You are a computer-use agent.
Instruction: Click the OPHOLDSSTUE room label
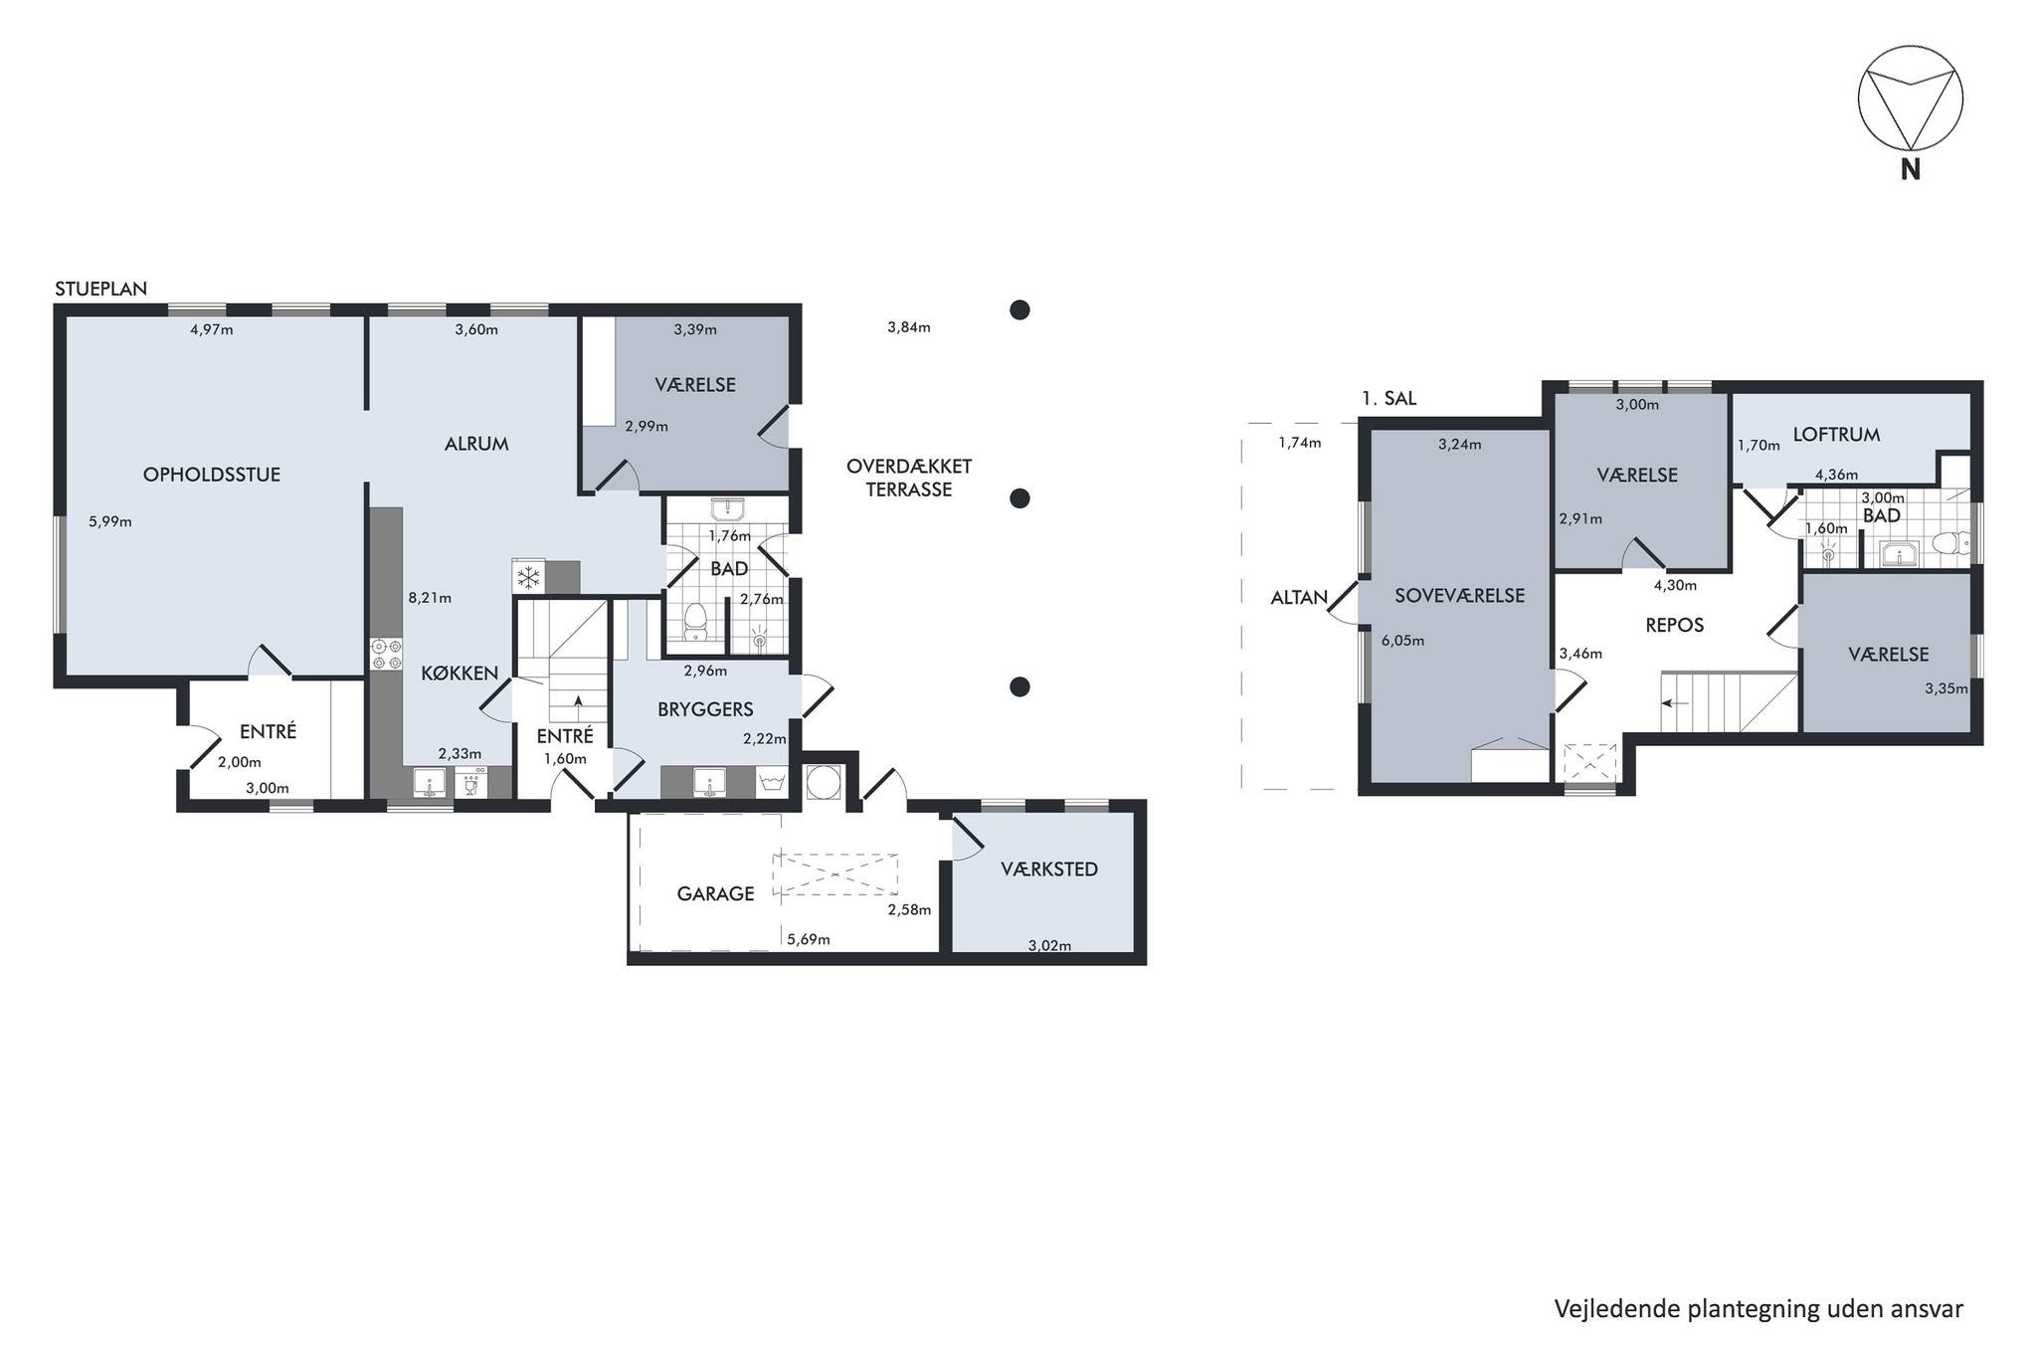[212, 475]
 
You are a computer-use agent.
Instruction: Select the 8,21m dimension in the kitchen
[430, 598]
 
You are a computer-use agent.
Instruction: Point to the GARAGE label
[715, 893]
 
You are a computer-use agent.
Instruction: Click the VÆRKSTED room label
[1049, 870]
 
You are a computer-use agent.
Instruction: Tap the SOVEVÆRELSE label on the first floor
[1459, 596]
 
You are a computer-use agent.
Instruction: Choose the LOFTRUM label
[1836, 434]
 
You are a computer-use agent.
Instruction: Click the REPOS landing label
[1675, 625]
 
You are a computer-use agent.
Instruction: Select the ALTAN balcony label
[1299, 598]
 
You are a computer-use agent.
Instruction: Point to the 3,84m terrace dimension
[909, 327]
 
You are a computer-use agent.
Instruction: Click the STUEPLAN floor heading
[100, 289]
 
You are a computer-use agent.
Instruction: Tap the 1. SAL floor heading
[1389, 398]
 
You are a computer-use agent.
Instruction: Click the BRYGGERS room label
[705, 709]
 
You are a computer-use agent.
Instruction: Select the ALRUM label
[476, 444]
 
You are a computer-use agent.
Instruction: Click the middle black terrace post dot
[1018, 498]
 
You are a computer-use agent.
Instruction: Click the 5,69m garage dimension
[808, 939]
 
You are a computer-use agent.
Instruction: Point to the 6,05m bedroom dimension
[1402, 641]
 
